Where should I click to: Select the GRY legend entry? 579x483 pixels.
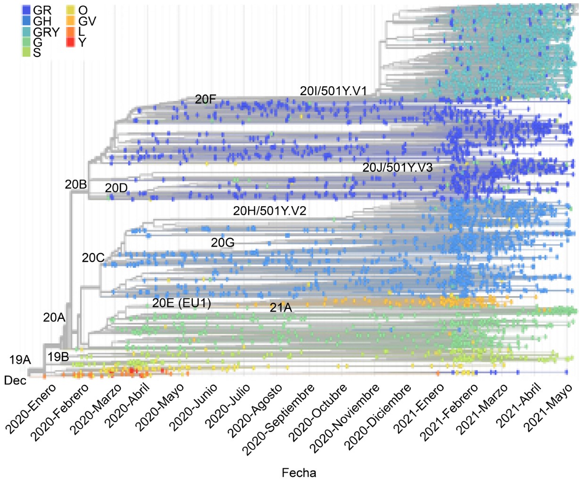pos(46,32)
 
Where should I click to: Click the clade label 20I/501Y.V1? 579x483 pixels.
pos(333,91)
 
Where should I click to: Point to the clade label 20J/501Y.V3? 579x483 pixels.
pos(397,167)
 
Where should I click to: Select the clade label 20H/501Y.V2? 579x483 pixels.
pos(270,211)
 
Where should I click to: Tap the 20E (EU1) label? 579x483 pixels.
pos(182,303)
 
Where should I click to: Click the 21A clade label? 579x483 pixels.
pos(281,308)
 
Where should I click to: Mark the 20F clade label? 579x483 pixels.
pos(206,100)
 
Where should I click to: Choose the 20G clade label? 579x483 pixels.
pos(223,243)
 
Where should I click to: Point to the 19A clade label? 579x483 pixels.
pos(20,360)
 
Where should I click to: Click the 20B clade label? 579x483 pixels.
pos(76,185)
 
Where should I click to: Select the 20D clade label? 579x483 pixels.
pos(116,188)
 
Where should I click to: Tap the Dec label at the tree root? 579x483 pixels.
pos(15,380)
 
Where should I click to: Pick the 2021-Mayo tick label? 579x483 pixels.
pos(549,407)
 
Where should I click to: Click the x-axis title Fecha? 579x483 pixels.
pos(299,473)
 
